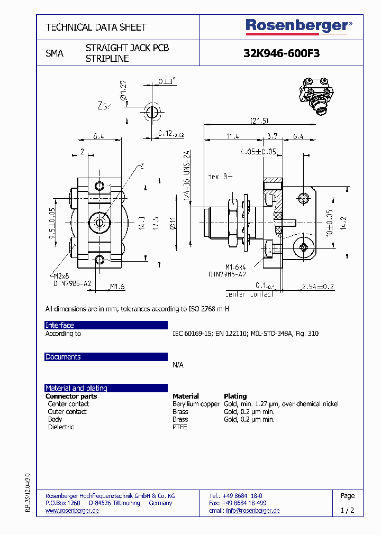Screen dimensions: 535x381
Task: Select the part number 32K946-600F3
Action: point(281,53)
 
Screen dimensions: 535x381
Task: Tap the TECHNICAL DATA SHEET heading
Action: point(96,27)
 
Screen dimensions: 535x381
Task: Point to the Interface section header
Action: point(60,325)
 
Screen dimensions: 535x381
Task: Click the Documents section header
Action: point(63,357)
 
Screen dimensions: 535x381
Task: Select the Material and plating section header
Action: point(76,388)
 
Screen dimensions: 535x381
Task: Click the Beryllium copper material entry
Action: point(196,404)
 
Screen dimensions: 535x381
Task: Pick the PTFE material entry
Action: point(180,427)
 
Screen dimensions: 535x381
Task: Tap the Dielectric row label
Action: point(61,427)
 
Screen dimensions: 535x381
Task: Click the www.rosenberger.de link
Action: point(71,511)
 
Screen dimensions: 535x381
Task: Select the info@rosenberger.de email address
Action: point(252,511)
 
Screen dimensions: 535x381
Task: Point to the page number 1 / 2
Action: point(347,510)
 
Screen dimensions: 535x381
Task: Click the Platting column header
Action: point(235,396)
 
